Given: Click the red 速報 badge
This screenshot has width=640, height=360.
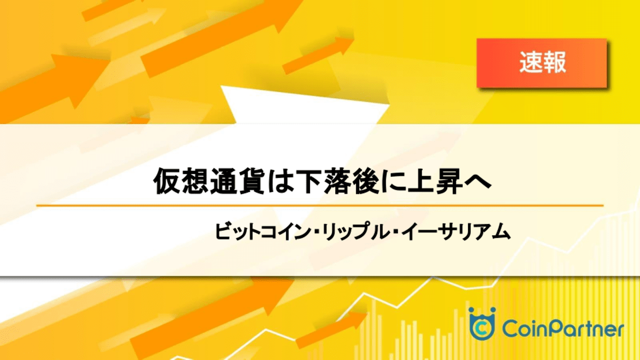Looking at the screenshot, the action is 542,63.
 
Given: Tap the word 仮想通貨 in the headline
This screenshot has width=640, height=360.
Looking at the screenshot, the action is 209,181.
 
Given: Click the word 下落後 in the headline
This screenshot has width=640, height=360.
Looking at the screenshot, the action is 338,181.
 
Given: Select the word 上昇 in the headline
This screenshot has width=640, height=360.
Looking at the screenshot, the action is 435,181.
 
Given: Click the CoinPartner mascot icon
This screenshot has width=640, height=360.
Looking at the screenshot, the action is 482,324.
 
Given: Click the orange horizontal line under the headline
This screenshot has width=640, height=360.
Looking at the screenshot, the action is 319,205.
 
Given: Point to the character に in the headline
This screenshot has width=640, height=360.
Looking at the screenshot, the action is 394,181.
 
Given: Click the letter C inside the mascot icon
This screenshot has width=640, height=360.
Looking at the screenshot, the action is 482,329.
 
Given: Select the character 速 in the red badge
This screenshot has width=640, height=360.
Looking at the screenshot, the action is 531,62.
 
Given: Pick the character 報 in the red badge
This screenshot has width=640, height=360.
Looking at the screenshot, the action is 554,62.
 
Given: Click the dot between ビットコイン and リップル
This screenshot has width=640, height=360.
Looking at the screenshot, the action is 316,232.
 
